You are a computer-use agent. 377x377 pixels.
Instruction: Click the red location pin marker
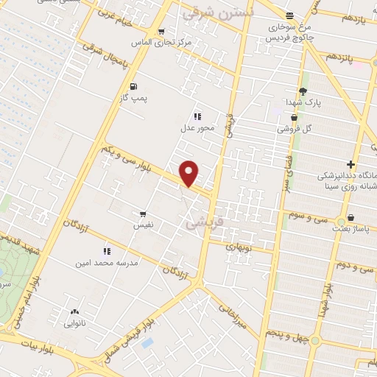click(x=189, y=174)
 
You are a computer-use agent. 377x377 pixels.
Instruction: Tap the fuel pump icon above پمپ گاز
click(x=133, y=86)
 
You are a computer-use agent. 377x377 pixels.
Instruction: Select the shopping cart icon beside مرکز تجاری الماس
click(x=161, y=32)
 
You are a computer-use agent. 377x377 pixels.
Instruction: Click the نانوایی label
click(x=74, y=323)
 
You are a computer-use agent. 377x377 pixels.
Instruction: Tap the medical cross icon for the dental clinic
click(x=351, y=163)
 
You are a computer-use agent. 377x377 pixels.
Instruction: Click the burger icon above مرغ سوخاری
click(x=289, y=15)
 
